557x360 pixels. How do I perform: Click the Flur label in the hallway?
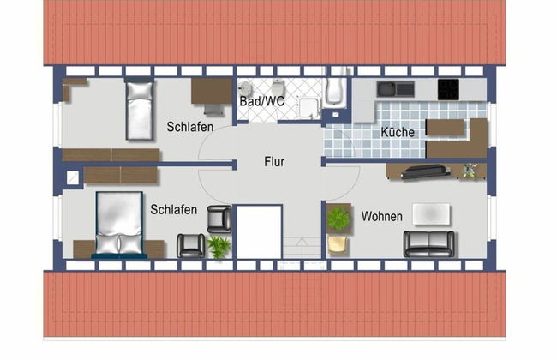click(274, 161)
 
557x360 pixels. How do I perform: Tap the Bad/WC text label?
click(262, 102)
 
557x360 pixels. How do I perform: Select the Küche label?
click(397, 133)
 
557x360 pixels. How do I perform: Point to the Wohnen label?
click(381, 217)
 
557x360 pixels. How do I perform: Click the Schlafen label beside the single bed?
click(190, 129)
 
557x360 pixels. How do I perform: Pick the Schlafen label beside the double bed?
click(174, 209)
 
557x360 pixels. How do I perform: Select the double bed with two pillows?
click(118, 225)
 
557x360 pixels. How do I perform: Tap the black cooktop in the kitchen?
click(449, 88)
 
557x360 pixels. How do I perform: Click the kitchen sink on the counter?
click(395, 88)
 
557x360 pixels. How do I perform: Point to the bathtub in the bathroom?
click(335, 93)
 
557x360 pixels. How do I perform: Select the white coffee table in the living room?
click(433, 213)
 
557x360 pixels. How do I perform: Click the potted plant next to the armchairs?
click(219, 246)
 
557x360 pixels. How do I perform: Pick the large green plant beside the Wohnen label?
click(338, 219)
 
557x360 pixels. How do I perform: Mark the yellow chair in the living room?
click(337, 245)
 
